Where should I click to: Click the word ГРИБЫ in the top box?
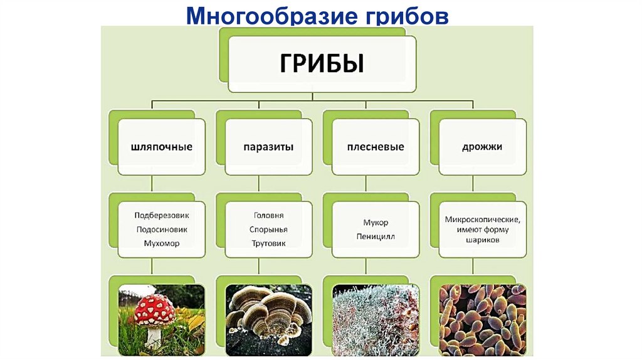tap(321, 64)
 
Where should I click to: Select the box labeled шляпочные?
tap(161, 147)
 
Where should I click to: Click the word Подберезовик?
tap(161, 215)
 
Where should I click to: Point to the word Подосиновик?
tap(161, 230)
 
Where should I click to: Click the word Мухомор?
tap(161, 243)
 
